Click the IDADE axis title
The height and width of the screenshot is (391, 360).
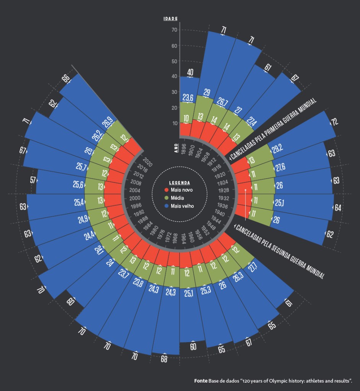point(170,19)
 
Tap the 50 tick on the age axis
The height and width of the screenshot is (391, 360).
point(174,61)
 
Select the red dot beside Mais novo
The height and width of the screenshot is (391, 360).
point(166,190)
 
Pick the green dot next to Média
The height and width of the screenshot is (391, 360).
point(166,198)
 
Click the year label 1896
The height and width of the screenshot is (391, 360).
point(183,149)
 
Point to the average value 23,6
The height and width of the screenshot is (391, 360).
point(188,98)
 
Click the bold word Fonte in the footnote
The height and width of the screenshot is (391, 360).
point(200,381)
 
